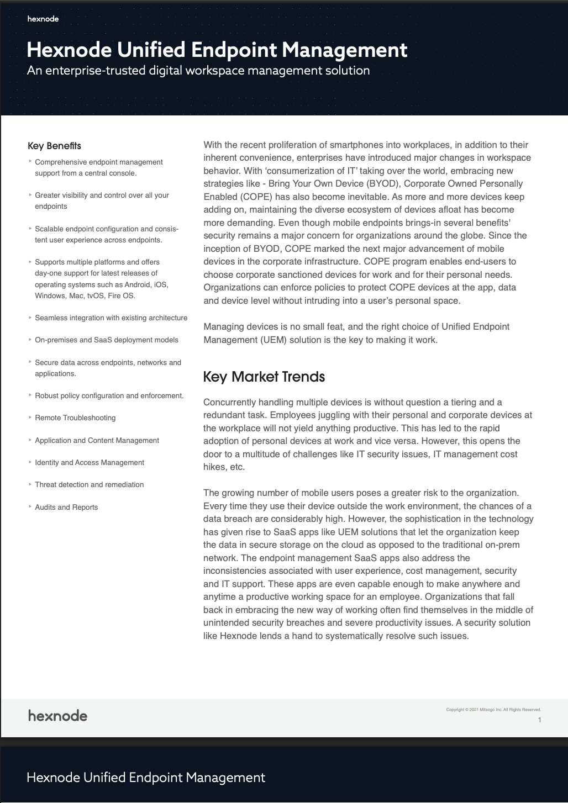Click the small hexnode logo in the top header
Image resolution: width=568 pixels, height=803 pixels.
[43, 19]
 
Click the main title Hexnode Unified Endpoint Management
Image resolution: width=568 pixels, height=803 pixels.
[217, 50]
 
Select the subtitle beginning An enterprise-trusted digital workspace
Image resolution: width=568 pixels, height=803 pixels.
[198, 71]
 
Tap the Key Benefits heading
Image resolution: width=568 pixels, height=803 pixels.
[54, 146]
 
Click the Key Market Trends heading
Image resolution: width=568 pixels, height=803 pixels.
[264, 377]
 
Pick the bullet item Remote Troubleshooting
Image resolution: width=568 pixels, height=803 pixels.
[75, 418]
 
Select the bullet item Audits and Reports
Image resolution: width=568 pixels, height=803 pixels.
[66, 507]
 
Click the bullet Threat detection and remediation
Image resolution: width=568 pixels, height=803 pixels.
[89, 484]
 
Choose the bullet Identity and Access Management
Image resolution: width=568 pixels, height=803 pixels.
[90, 462]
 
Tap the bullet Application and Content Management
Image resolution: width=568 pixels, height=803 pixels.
[97, 440]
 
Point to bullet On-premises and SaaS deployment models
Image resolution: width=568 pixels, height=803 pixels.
[107, 340]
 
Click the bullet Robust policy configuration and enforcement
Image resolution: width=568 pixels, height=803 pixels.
[109, 395]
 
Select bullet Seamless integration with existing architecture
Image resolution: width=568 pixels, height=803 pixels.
[111, 318]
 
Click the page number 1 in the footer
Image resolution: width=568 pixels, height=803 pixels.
[539, 720]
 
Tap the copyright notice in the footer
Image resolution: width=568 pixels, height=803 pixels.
[493, 710]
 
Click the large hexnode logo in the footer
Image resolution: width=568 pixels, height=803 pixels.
[58, 716]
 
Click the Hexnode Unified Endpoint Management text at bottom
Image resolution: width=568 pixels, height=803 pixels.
[146, 778]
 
